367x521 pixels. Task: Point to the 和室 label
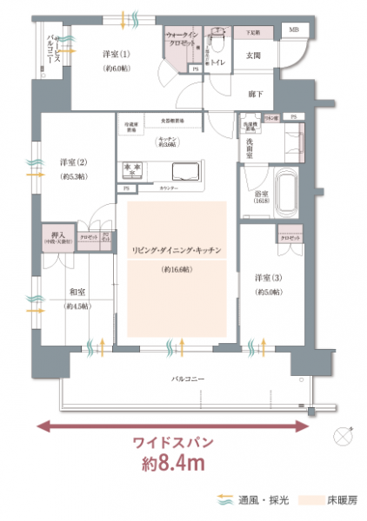(76, 293)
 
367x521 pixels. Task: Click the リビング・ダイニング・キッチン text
(177, 250)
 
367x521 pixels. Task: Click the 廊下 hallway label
(256, 93)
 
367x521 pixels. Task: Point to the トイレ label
(220, 63)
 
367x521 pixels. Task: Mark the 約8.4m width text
(173, 463)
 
